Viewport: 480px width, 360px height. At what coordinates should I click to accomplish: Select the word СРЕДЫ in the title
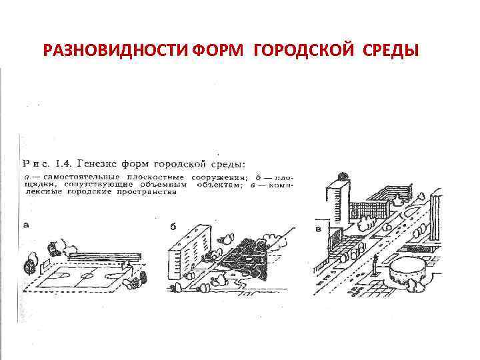click(394, 51)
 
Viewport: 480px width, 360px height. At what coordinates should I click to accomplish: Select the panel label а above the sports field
click(27, 225)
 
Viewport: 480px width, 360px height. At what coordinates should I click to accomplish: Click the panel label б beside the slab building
click(173, 227)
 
